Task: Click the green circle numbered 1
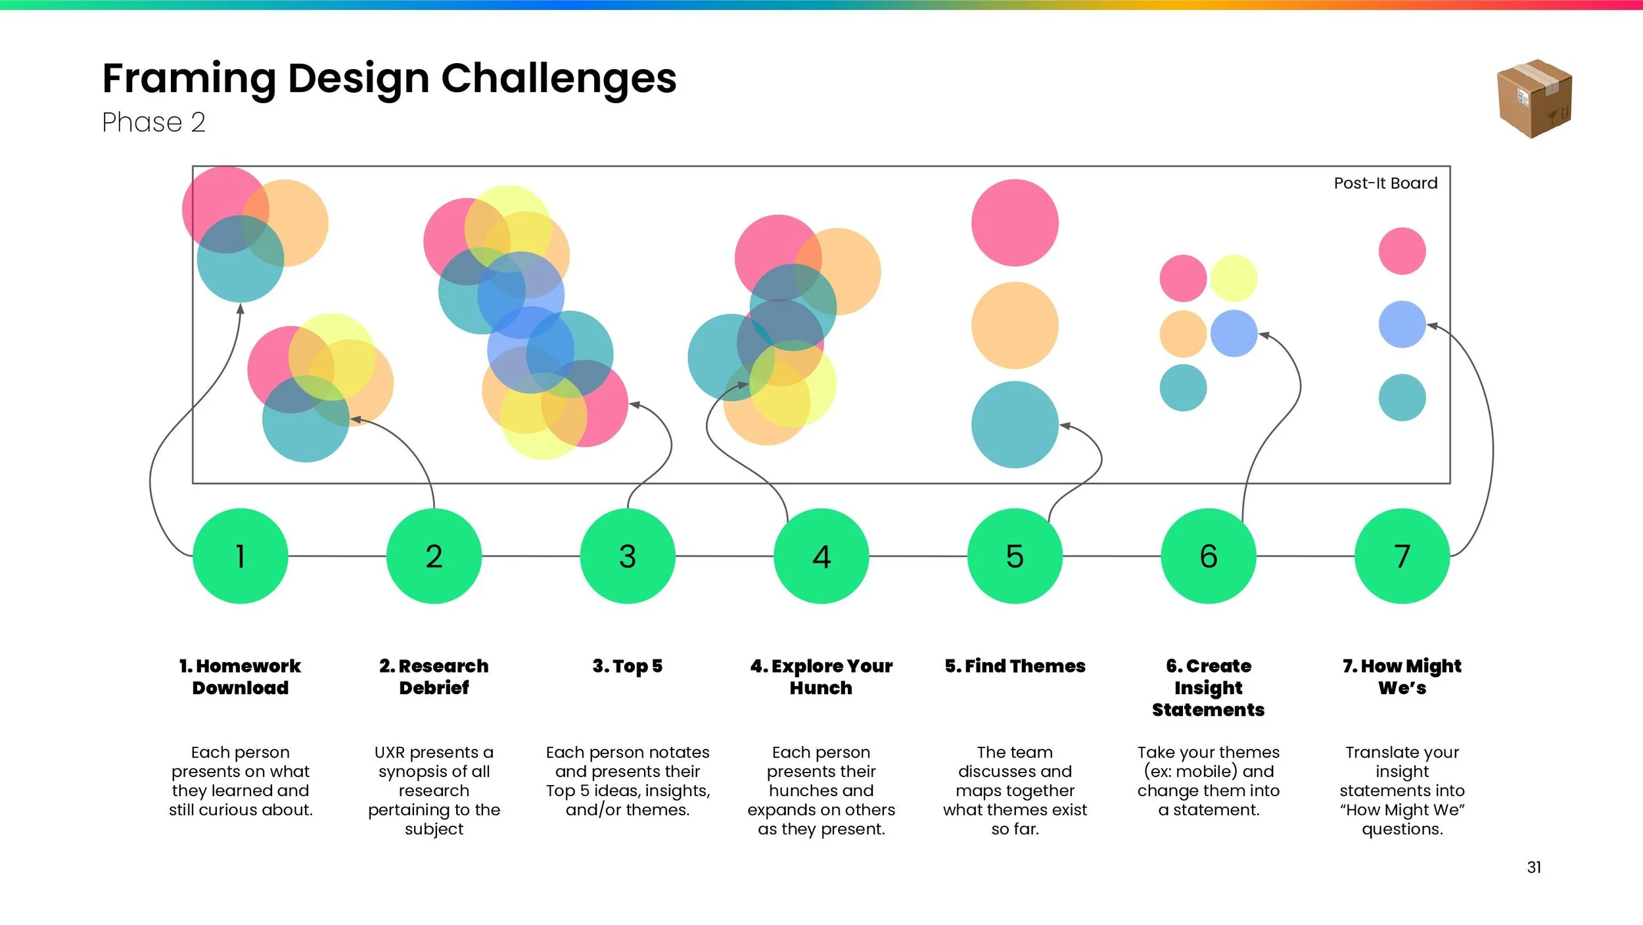point(241,556)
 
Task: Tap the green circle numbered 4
point(821,556)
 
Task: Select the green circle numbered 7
point(1402,556)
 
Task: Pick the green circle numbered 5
point(1015,556)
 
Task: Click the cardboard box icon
point(1535,99)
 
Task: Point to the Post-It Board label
point(1385,183)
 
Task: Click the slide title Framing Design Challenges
point(389,78)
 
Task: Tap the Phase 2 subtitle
point(154,122)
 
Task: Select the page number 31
point(1534,867)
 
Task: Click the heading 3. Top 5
point(628,666)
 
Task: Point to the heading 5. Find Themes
point(1015,666)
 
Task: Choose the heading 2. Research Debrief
point(434,676)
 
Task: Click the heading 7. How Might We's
point(1402,676)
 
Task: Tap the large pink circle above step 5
point(1015,223)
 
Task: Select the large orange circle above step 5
point(1015,325)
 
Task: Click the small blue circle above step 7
point(1402,324)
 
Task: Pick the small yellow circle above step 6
point(1234,278)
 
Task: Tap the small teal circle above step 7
point(1402,398)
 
